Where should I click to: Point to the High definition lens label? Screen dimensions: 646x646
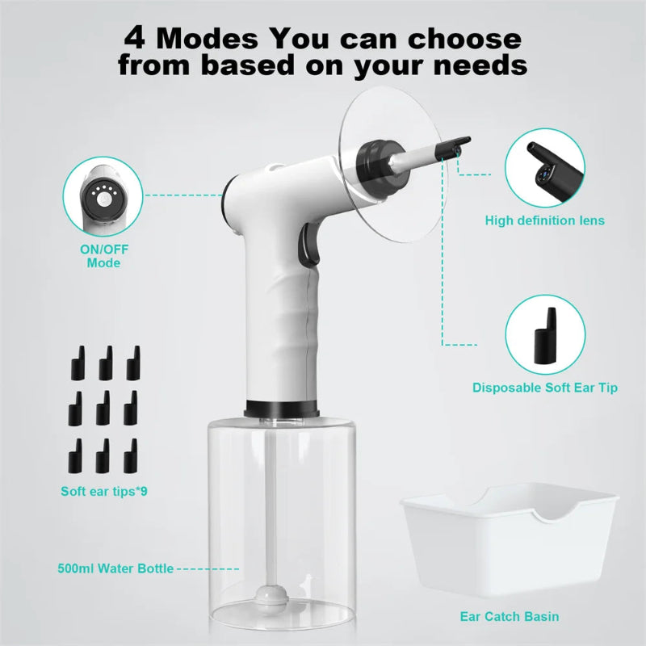point(544,220)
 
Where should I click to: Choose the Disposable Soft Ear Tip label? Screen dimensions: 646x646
point(545,388)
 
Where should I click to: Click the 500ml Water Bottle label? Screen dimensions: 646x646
point(115,568)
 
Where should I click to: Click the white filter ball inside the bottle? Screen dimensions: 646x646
point(266,600)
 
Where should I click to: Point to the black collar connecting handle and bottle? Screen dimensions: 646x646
point(279,408)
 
